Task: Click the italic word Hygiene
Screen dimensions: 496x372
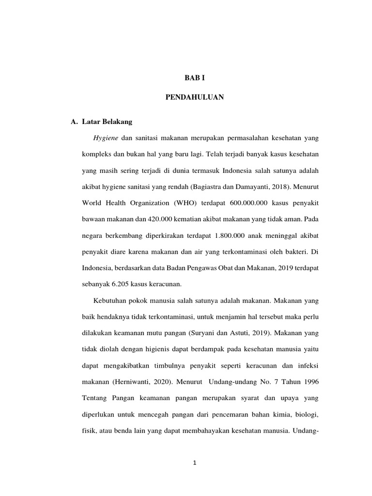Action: coord(105,138)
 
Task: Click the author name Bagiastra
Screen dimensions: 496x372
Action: coord(207,186)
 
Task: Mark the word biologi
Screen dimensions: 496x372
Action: coord(306,415)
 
